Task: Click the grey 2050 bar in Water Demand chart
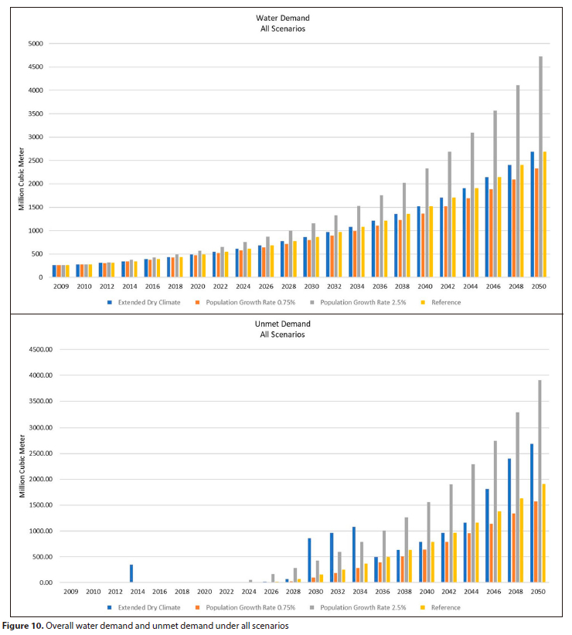point(540,167)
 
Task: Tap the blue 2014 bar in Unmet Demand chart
point(131,573)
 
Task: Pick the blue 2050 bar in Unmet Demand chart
point(531,513)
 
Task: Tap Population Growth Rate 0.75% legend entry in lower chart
point(243,607)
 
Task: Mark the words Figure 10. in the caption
point(22,626)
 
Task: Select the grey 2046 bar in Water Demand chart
point(495,194)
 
